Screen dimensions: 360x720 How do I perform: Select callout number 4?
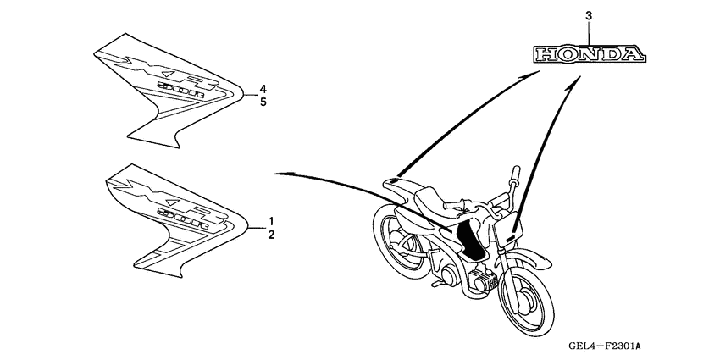click(263, 89)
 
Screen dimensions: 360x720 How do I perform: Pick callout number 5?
click(263, 102)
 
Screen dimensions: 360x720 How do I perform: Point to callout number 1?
click(271, 219)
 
